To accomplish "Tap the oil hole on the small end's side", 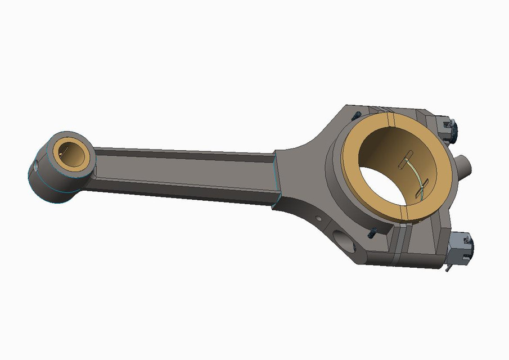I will [35, 166].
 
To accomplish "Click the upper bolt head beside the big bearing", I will [355, 116].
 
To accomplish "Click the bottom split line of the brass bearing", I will [406, 220].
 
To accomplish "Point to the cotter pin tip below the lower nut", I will [447, 269].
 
